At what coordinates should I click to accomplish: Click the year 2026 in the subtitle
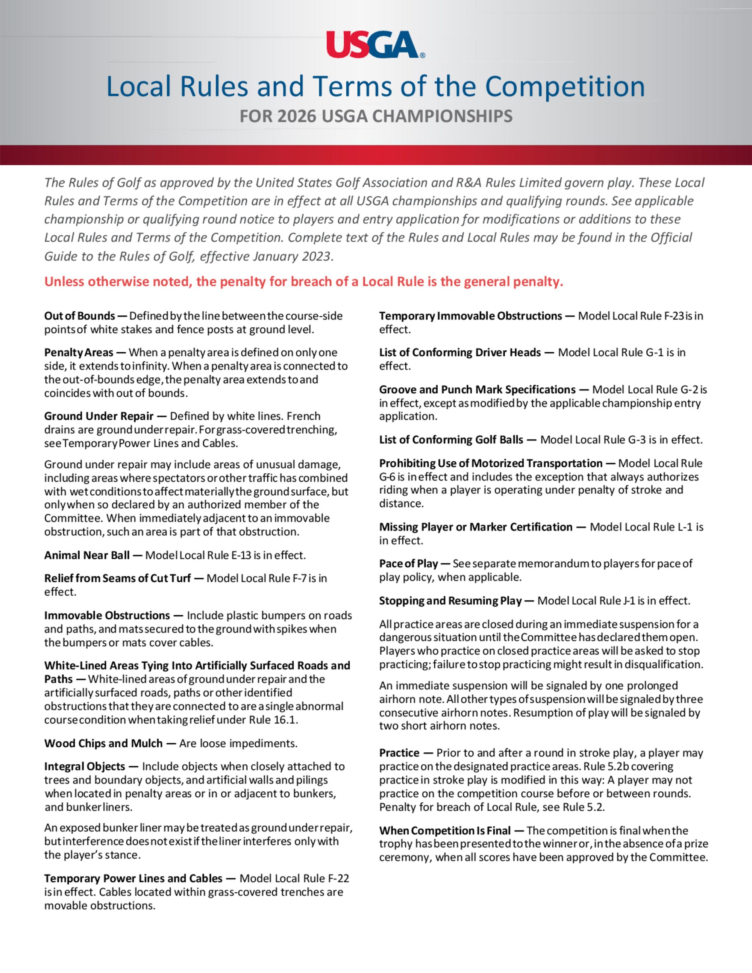point(297,116)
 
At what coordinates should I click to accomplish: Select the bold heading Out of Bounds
point(79,316)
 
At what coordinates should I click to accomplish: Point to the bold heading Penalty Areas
point(79,352)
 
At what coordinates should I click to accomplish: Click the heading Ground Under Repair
point(99,416)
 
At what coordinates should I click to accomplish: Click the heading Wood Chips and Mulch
point(103,743)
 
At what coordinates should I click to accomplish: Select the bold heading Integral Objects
point(85,766)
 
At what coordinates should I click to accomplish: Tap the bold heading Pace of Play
point(408,564)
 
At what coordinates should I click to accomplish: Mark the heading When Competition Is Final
point(444,831)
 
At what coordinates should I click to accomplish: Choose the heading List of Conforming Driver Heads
point(460,352)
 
